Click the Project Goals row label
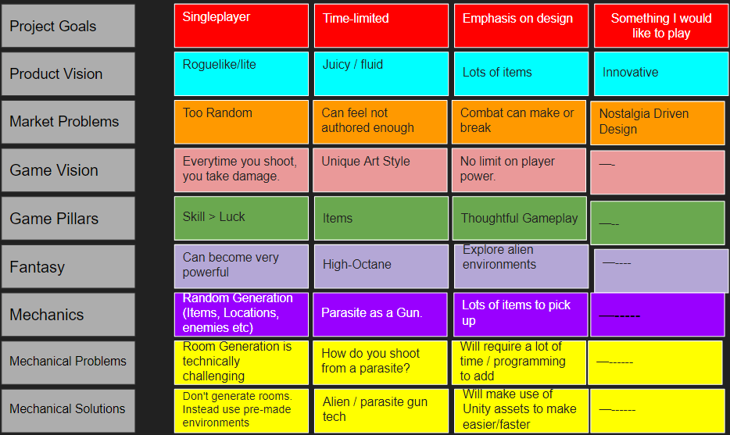68,26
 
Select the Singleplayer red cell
241,26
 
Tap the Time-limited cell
381,26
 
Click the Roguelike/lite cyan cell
241,73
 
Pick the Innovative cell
660,73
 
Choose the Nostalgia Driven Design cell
657,122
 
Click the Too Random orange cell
241,122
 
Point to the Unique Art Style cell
381,170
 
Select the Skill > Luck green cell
241,218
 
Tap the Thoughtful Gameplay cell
520,218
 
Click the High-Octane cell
381,266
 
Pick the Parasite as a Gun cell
381,314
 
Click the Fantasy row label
68,266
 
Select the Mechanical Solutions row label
68,409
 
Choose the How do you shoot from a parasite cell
381,362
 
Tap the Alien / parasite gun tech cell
381,410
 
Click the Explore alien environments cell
520,266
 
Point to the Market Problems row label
68,122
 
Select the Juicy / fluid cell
381,73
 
